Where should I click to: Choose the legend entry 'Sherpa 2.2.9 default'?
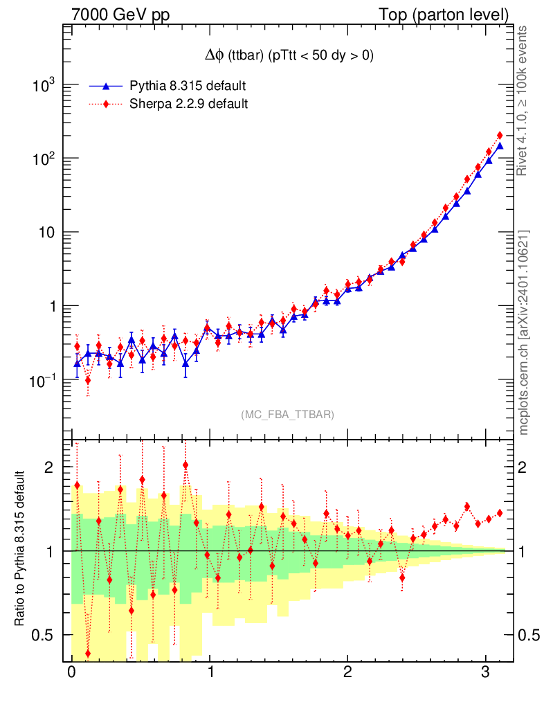189,104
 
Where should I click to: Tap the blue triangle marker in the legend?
106,86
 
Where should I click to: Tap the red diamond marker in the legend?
106,104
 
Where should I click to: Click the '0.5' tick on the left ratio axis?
43,635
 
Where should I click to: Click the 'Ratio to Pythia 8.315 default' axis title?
20,550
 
